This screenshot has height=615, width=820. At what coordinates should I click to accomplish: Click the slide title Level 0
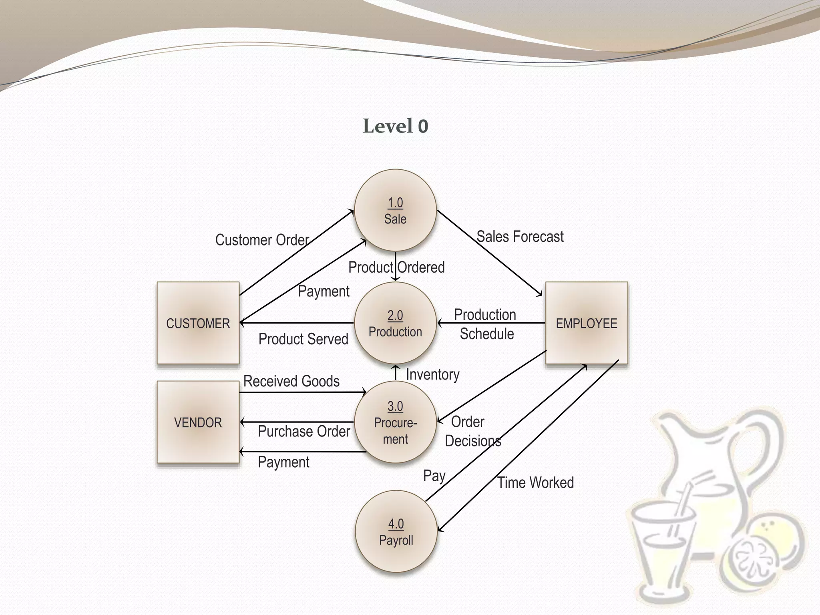396,126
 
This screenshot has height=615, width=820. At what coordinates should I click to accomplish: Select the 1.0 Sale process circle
396,211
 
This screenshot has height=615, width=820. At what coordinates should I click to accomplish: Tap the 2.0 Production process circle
396,323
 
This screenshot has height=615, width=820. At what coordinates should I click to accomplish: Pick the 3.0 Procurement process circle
396,422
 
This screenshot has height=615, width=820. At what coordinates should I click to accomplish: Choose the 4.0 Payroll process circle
396,532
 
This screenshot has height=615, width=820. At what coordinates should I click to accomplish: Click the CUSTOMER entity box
198,323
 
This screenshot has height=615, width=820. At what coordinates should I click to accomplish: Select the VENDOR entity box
198,422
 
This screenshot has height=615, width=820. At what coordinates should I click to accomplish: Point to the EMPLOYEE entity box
587,323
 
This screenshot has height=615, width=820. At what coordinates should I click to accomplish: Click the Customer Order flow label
262,240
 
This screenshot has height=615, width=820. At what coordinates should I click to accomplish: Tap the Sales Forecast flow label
520,237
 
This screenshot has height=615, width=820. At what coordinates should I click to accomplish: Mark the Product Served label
303,339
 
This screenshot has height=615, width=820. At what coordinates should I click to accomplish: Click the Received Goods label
291,381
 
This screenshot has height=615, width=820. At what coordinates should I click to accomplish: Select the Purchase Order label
304,431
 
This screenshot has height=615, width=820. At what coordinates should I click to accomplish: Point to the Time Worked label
536,482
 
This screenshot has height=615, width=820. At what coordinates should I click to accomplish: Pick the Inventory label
433,374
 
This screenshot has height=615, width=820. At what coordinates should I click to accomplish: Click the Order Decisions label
472,431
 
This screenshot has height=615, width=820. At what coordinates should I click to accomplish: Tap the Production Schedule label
486,324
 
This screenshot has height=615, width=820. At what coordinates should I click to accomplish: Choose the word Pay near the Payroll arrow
434,476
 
